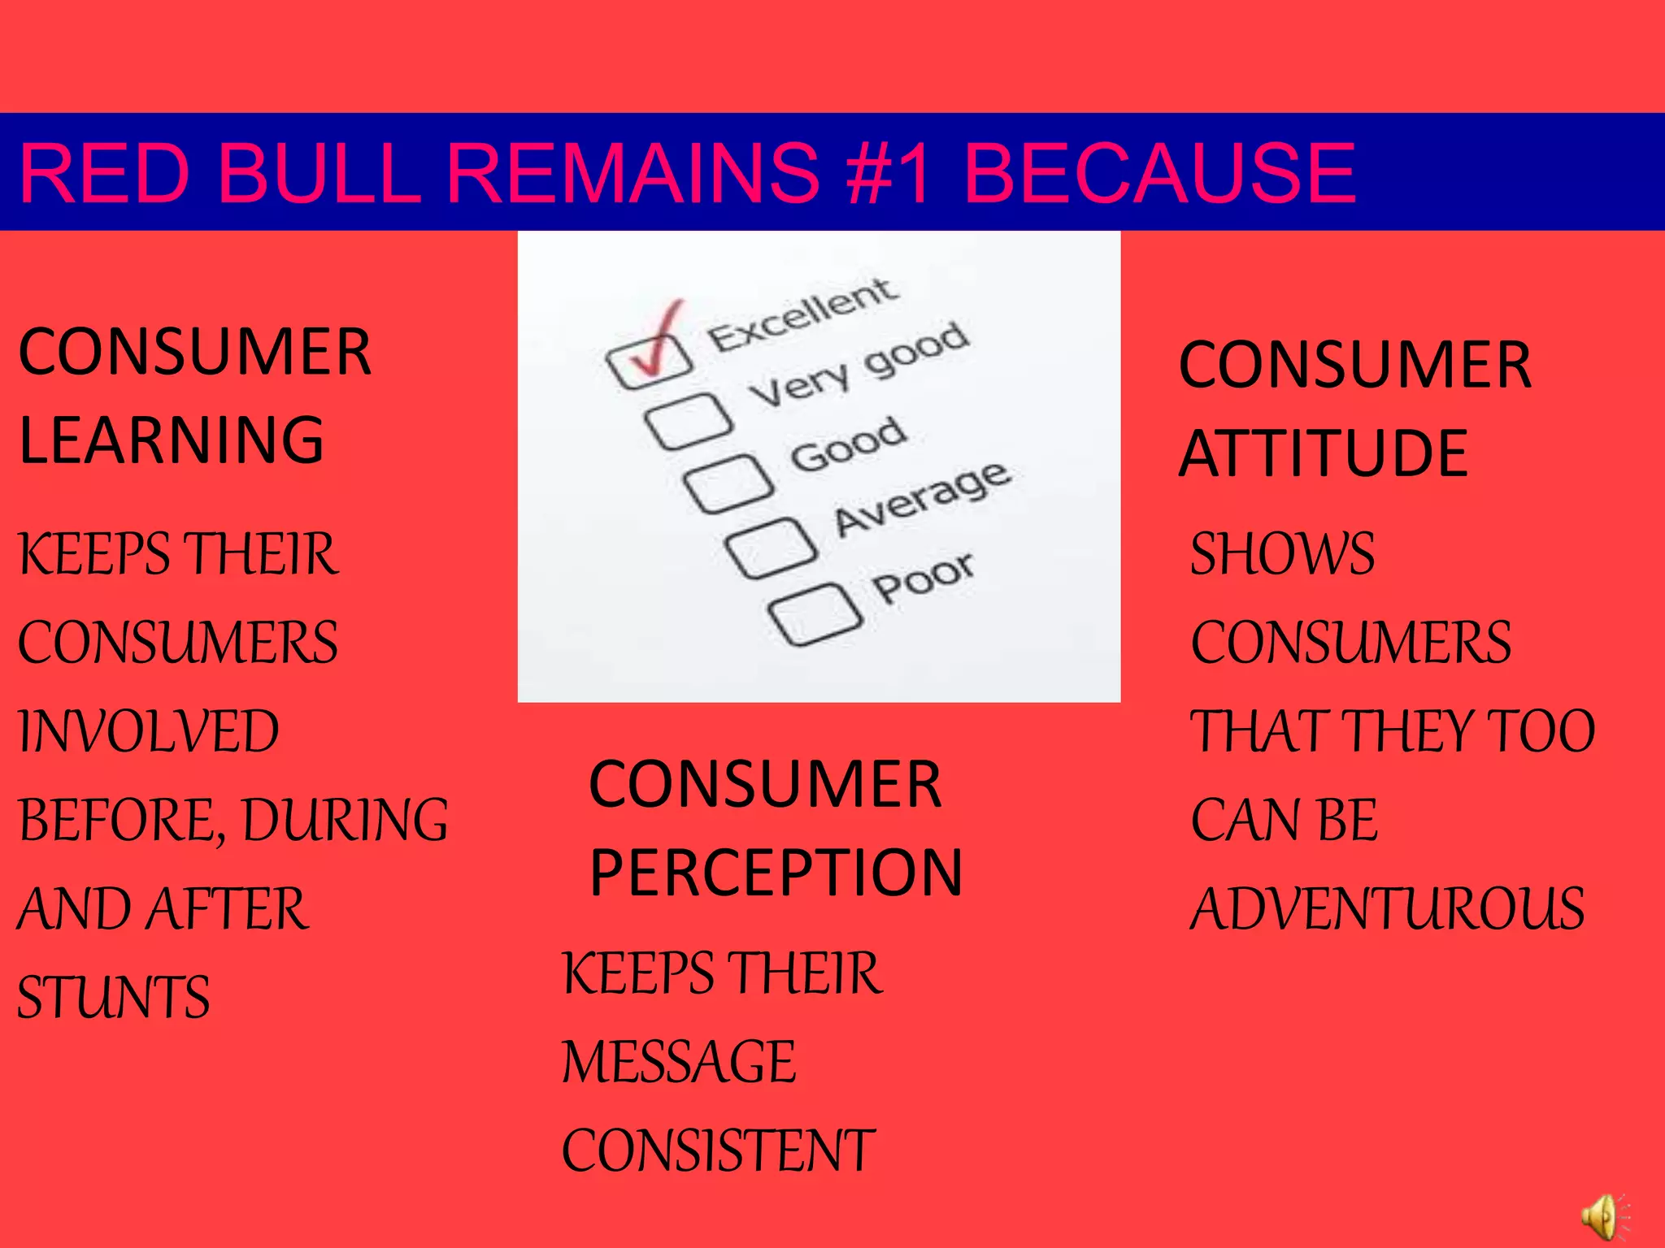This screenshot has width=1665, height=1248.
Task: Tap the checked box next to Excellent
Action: click(649, 362)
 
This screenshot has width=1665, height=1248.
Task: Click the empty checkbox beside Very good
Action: click(688, 421)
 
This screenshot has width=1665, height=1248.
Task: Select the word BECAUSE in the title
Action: click(1159, 172)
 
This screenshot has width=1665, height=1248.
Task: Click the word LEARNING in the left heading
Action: click(172, 440)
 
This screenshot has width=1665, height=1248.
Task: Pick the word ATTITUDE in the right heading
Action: click(1323, 453)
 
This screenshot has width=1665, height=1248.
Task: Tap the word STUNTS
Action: click(114, 997)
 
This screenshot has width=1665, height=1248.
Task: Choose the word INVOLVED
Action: click(149, 730)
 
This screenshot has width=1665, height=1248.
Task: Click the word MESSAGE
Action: click(679, 1061)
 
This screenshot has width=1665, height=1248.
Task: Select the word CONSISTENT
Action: click(718, 1150)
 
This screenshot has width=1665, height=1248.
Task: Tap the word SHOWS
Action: click(1282, 553)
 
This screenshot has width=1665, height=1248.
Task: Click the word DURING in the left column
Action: click(346, 819)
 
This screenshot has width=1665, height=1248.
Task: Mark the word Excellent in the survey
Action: click(802, 313)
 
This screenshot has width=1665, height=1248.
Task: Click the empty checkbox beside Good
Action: click(728, 484)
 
